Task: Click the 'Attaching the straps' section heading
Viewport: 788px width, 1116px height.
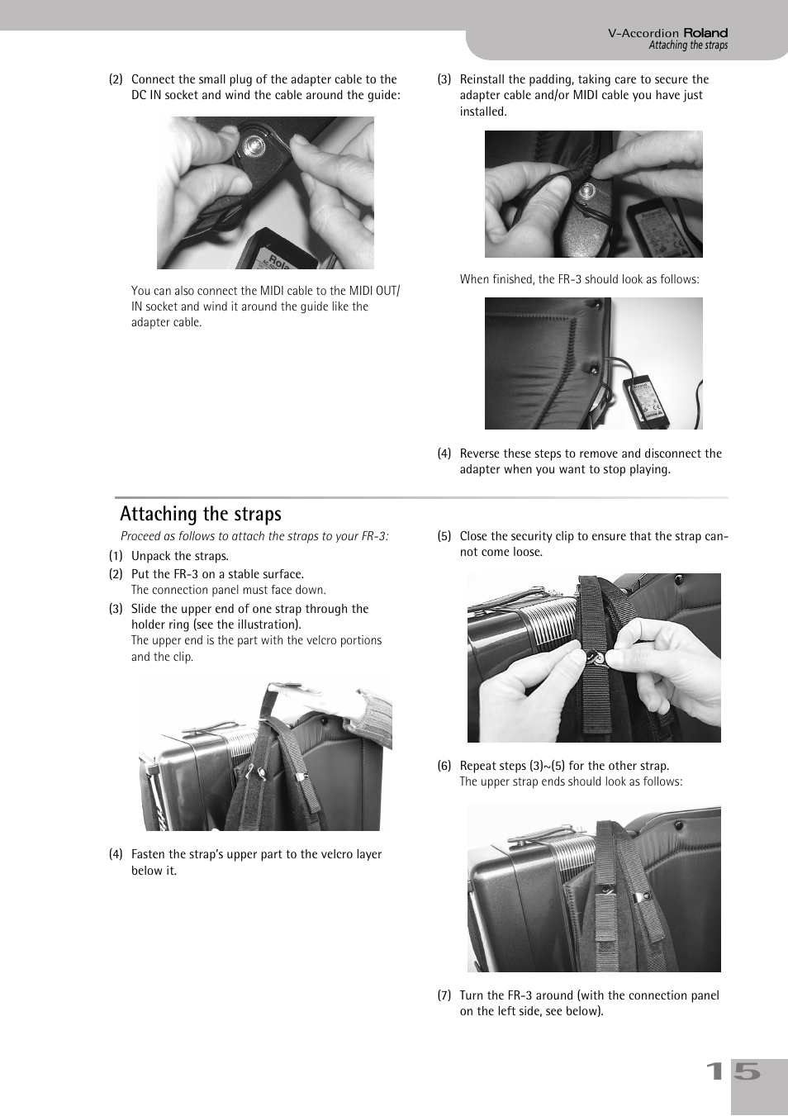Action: (201, 514)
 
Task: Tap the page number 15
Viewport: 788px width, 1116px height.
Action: (733, 1071)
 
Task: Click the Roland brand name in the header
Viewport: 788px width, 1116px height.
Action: (705, 33)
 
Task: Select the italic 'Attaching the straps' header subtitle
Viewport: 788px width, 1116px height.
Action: (687, 45)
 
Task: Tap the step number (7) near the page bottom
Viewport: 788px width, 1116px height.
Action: (444, 995)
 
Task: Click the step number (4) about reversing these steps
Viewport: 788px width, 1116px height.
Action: (444, 454)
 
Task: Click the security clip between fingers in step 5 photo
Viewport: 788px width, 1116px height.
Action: (598, 658)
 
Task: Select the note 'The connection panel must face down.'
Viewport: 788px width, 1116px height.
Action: (228, 590)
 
